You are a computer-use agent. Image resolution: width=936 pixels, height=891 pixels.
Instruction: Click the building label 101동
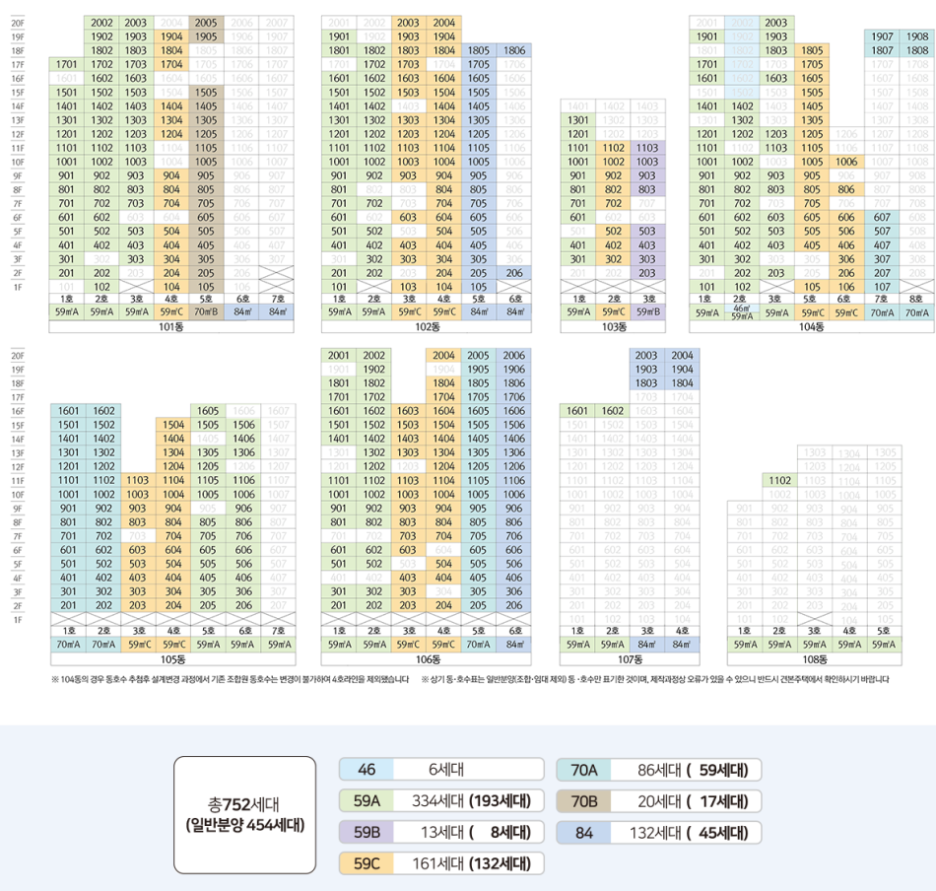[x=171, y=326]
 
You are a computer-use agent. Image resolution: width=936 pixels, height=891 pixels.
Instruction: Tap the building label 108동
[x=814, y=658]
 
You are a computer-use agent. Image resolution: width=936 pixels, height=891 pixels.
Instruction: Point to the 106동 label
[x=427, y=658]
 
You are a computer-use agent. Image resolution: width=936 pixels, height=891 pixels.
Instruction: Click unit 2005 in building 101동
[x=207, y=22]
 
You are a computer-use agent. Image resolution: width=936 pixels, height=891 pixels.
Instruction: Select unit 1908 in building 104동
[x=915, y=35]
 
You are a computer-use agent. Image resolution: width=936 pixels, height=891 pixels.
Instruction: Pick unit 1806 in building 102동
[x=513, y=49]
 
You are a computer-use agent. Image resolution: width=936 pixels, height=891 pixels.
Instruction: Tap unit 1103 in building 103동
[x=647, y=147]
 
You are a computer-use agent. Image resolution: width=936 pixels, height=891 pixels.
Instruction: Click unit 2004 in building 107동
[x=682, y=355]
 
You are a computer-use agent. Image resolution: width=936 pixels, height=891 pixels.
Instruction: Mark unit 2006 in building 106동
[x=513, y=355]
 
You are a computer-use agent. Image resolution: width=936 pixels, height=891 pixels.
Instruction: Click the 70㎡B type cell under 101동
[x=207, y=312]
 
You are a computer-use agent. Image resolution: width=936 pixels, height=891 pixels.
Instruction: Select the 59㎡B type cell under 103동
[x=647, y=312]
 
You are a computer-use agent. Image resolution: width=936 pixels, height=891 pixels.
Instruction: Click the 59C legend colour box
[x=367, y=864]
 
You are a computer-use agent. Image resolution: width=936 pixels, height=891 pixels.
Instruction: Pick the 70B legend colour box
[x=584, y=801]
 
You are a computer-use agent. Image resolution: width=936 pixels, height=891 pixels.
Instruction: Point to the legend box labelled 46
[x=367, y=770]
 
